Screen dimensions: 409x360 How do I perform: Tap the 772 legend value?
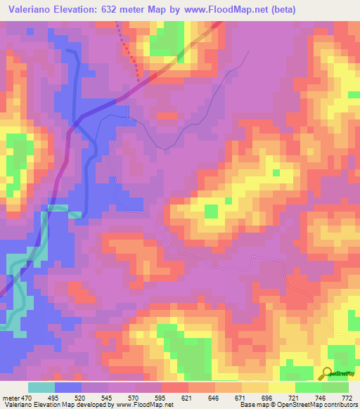pyautogui.click(x=347, y=397)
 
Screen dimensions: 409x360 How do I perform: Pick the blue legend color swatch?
pyautogui.click(x=68, y=387)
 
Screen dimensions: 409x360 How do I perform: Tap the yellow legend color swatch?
pyautogui.click(x=281, y=387)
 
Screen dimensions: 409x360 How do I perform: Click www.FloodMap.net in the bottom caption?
pyautogui.click(x=141, y=405)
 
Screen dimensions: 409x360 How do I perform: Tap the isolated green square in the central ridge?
pyautogui.click(x=211, y=211)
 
